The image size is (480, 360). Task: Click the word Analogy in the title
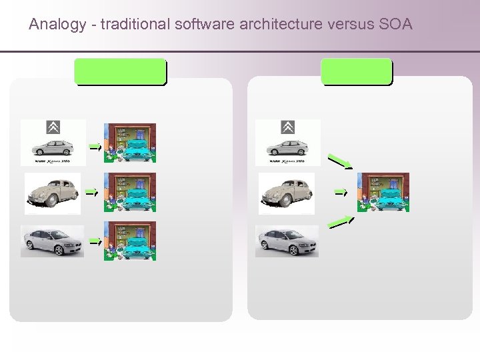57,25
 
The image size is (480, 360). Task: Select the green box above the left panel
120,71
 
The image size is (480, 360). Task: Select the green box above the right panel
357,71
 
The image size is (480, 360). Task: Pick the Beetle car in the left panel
53,193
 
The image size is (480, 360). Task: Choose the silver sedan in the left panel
53,241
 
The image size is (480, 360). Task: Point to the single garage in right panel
383,192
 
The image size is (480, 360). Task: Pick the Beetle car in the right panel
287,193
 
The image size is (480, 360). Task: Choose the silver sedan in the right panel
287,241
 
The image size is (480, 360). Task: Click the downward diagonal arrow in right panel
340,161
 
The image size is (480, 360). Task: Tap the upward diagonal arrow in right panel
341,222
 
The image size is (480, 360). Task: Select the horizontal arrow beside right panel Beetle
341,192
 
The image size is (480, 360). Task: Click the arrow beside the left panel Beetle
91,192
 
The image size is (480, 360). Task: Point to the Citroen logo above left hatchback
53,127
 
